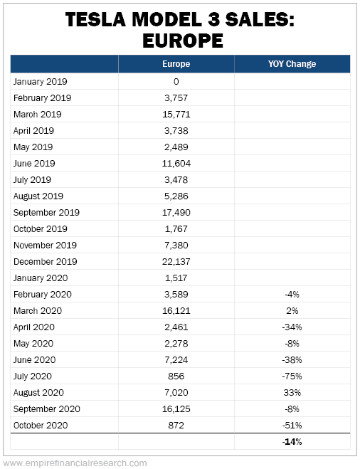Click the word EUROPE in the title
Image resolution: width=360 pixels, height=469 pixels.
click(183, 41)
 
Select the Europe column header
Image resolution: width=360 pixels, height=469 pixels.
click(176, 64)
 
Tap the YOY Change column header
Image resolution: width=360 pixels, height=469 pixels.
click(292, 64)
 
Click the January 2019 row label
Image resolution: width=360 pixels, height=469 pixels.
click(40, 82)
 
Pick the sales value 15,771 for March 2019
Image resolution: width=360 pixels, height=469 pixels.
click(176, 115)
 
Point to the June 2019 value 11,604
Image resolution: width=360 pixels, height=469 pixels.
click(176, 163)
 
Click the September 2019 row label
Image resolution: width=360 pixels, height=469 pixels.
click(46, 213)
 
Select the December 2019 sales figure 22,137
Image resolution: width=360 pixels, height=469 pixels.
click(176, 262)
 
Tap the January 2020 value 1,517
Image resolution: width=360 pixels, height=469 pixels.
click(176, 278)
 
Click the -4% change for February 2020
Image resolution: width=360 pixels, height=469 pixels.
click(292, 295)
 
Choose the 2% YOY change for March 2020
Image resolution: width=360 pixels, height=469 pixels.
click(292, 311)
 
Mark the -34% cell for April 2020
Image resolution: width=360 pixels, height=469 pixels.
click(292, 327)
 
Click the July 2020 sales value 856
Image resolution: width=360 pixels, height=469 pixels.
click(176, 376)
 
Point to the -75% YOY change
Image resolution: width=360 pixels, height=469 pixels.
click(292, 376)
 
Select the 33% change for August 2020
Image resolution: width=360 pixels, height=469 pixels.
click(292, 393)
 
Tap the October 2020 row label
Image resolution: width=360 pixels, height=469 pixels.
click(41, 426)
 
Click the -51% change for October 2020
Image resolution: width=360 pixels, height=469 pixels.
click(292, 426)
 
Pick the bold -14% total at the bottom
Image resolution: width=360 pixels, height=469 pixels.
click(292, 442)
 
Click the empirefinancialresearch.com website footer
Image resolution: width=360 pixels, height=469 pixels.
click(75, 463)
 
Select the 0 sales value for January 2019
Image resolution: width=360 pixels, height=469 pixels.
click(176, 82)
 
